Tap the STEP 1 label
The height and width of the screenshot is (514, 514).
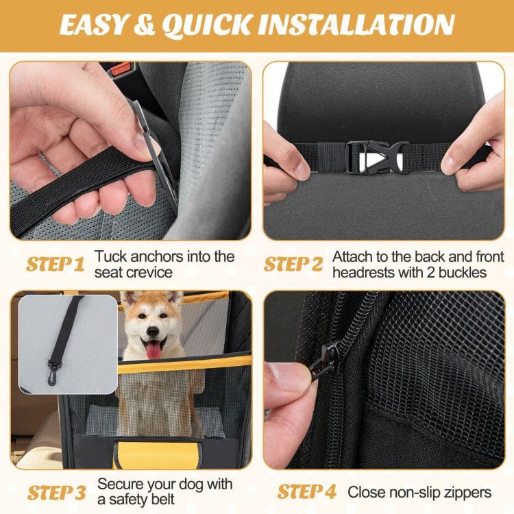pyautogui.click(x=56, y=265)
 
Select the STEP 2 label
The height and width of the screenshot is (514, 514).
pyautogui.click(x=293, y=265)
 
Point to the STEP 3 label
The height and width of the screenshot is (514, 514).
pyautogui.click(x=56, y=492)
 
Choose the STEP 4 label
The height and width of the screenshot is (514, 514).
pyautogui.click(x=306, y=491)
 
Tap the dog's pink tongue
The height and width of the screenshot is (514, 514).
pyautogui.click(x=154, y=351)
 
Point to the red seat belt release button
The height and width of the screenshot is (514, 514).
pyautogui.click(x=121, y=69)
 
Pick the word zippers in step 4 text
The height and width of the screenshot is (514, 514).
pyautogui.click(x=467, y=492)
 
